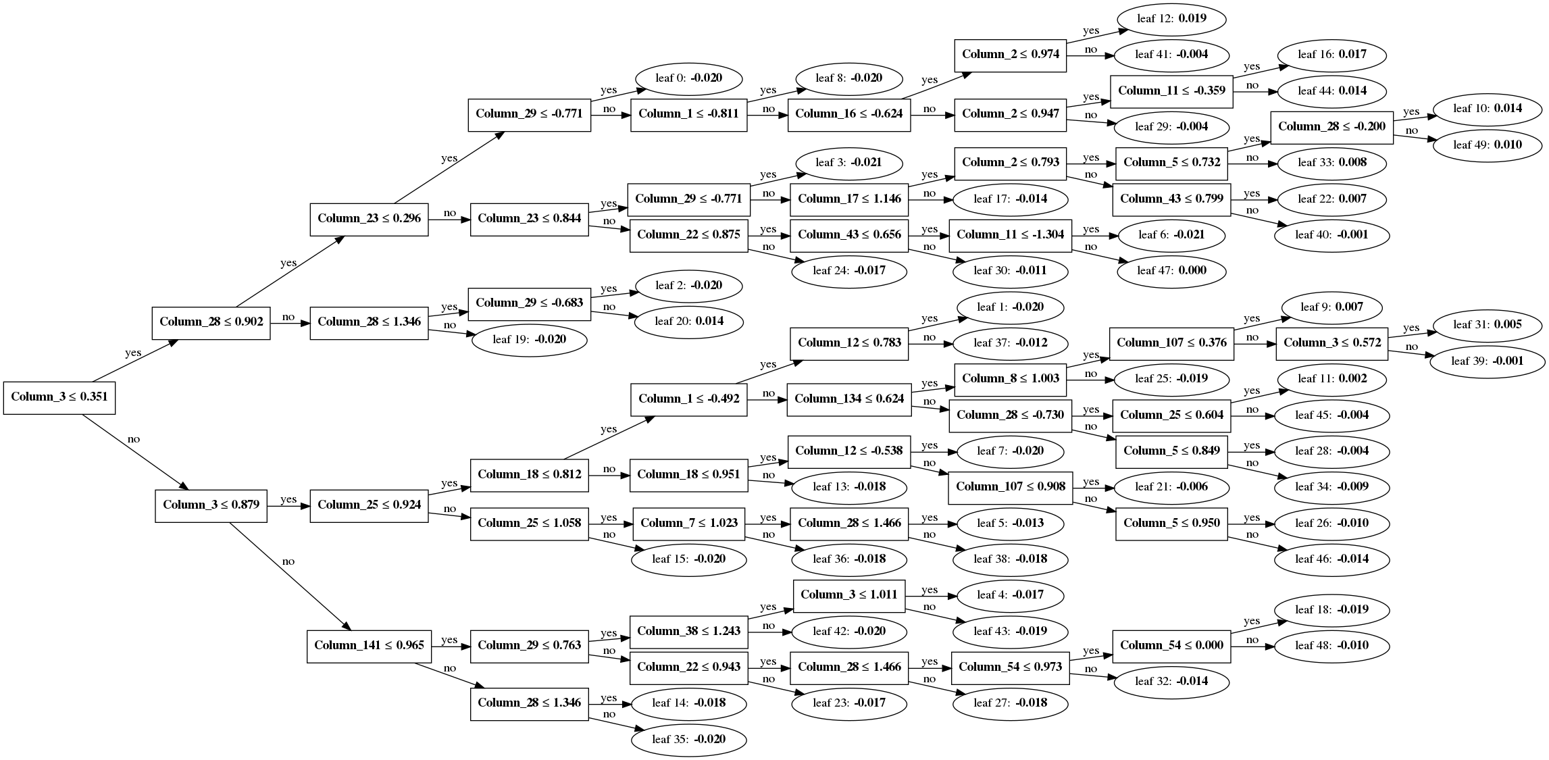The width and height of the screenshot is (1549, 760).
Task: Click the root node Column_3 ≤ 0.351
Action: [59, 397]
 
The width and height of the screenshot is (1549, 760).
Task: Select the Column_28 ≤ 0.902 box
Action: [211, 322]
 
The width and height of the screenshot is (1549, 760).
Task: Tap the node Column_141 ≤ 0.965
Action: [369, 646]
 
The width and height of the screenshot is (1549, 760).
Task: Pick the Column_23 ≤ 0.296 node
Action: [369, 219]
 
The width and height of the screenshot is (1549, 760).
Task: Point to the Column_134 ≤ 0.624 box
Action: [848, 399]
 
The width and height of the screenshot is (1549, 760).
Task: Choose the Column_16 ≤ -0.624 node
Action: [848, 114]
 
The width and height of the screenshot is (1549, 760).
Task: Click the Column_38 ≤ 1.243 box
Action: [688, 632]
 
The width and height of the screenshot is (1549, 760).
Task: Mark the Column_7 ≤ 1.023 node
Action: [688, 524]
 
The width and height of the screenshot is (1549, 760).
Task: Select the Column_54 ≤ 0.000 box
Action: [1171, 646]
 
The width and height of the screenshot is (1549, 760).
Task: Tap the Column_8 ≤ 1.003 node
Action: [1010, 379]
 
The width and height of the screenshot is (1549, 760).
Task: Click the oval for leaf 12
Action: [1171, 19]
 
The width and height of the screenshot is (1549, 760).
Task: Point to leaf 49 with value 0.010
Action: [1487, 145]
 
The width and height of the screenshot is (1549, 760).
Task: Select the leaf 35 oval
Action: [688, 740]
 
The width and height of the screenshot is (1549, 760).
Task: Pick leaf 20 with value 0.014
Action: [688, 322]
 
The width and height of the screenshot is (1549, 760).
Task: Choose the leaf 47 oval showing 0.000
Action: [1171, 271]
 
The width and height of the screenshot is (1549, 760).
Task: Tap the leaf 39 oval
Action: [1487, 361]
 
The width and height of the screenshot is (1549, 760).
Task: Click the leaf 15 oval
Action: [688, 559]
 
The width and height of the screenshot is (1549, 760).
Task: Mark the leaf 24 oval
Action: [848, 271]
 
